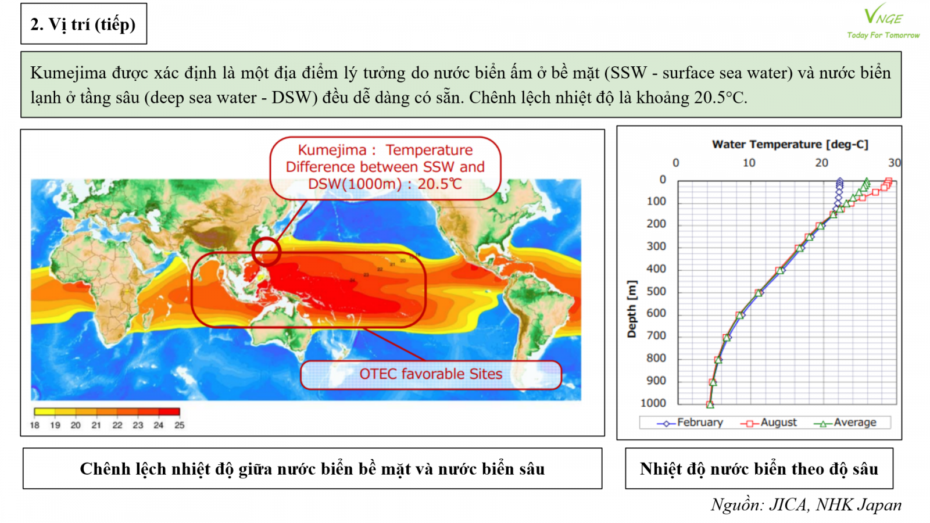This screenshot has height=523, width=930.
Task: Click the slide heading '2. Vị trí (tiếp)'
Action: pos(83,24)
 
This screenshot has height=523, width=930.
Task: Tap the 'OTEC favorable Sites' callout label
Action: pos(431,374)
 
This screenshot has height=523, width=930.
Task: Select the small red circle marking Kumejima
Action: pos(266,252)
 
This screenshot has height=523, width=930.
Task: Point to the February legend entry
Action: pos(690,423)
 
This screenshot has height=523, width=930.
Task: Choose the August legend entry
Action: pos(769,423)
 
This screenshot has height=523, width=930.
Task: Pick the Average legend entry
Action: pos(845,423)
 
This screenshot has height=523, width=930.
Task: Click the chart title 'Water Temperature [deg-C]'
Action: pos(790,145)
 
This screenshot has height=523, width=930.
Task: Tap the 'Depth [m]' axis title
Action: pos(632,309)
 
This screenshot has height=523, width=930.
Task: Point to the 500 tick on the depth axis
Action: pos(656,291)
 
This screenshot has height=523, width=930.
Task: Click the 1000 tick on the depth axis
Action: pos(653,403)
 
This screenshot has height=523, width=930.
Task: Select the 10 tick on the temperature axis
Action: pos(749,163)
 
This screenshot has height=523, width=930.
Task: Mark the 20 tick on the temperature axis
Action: pos(821,163)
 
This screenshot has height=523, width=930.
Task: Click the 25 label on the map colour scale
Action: pos(180,425)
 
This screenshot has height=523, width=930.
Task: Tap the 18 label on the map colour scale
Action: pos(35,425)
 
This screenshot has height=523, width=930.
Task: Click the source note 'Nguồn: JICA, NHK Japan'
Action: pos(806,504)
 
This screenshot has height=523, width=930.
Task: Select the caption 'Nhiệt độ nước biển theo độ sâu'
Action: pos(759,469)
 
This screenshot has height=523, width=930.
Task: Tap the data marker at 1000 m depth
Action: pos(710,404)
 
